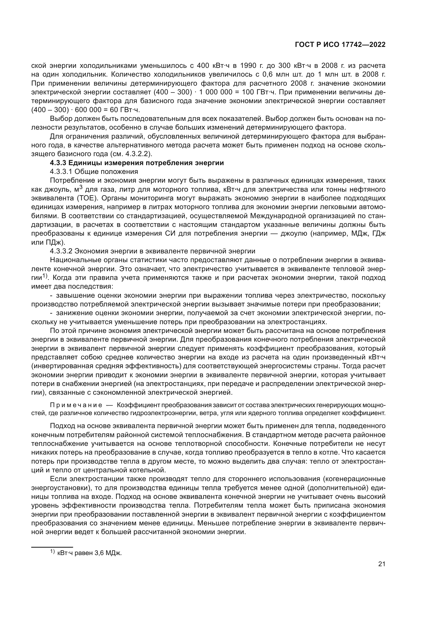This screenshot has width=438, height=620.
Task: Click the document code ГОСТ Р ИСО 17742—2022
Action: [x=340, y=45]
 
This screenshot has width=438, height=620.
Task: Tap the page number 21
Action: [x=382, y=564]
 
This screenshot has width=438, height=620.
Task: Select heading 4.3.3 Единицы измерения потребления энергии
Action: [x=137, y=163]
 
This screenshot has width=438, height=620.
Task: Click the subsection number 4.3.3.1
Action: [x=61, y=172]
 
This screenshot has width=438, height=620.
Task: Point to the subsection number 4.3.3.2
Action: [x=61, y=251]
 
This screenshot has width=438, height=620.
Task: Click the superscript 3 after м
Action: [x=81, y=187]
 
